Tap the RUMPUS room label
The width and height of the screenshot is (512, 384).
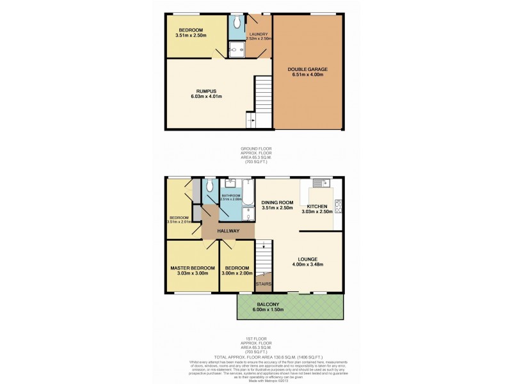pyautogui.click(x=206, y=91)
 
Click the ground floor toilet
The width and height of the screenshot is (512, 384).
pyautogui.click(x=237, y=22)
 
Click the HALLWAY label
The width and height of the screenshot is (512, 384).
pyautogui.click(x=228, y=231)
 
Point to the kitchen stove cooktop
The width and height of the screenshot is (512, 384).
pyautogui.click(x=339, y=206)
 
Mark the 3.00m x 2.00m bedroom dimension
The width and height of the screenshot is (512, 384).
pyautogui.click(x=237, y=273)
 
